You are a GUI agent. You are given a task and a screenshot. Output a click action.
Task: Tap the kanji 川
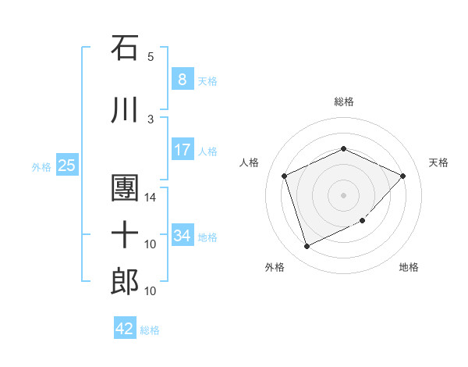(x=125, y=112)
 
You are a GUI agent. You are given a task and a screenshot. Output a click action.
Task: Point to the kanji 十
(x=125, y=235)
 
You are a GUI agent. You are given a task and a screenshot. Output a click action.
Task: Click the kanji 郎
(x=125, y=281)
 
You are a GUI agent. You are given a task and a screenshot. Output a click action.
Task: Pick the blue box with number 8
(x=182, y=80)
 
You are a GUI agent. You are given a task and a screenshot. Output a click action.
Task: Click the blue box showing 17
(x=182, y=150)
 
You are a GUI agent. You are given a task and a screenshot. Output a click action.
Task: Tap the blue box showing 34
(x=182, y=235)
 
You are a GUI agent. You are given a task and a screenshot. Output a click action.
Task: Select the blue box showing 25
(x=66, y=166)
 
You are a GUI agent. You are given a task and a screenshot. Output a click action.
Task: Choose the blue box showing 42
(x=125, y=329)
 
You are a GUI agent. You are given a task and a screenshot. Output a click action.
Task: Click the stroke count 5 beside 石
(x=151, y=57)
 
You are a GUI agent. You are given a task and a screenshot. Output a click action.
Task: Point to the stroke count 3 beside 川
(x=151, y=119)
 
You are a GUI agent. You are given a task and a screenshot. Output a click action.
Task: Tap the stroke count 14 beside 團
(x=151, y=198)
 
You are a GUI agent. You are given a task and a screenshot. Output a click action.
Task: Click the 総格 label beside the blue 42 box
(x=150, y=330)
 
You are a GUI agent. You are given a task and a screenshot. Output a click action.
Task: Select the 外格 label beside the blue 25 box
(x=41, y=166)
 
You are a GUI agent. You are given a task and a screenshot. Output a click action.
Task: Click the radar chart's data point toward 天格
(x=402, y=176)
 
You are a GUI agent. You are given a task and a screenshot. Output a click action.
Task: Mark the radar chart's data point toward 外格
(x=307, y=247)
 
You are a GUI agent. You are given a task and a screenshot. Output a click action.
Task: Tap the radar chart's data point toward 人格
(x=285, y=176)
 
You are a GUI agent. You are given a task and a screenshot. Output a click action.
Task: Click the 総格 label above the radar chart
(x=344, y=102)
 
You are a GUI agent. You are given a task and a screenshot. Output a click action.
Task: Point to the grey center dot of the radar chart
(x=344, y=194)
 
